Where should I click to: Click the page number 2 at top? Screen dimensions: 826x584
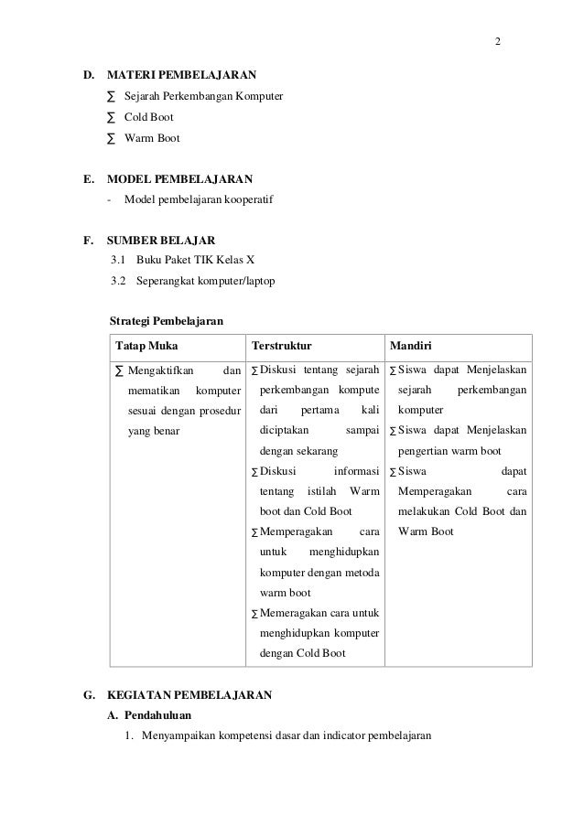497,42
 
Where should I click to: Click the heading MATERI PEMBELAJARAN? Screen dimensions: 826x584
181,73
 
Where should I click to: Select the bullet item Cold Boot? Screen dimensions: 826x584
148,117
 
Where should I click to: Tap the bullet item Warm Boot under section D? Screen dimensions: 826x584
152,139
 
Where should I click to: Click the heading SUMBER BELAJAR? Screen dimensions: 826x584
161,241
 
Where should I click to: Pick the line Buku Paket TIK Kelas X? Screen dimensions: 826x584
194,260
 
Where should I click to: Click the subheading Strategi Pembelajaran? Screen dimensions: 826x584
165,322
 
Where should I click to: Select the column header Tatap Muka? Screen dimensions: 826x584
146,347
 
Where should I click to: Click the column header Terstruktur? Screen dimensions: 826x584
281,347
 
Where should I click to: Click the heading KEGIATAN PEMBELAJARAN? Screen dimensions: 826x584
189,695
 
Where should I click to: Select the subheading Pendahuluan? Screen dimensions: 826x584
157,716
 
